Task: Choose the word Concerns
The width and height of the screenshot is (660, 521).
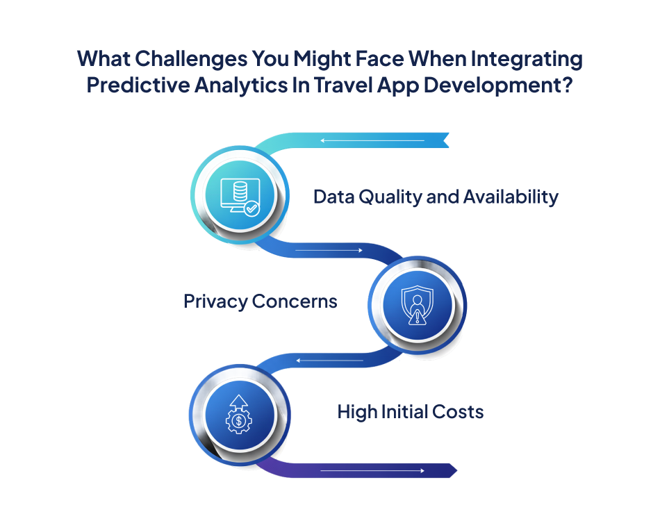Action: (295, 301)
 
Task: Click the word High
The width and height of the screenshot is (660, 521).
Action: (358, 412)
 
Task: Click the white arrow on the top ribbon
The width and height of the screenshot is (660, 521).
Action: (372, 141)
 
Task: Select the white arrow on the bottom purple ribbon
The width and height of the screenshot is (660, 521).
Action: (372, 471)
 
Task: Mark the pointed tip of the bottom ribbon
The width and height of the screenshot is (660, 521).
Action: (454, 470)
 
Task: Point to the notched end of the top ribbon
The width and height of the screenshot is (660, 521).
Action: (445, 140)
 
